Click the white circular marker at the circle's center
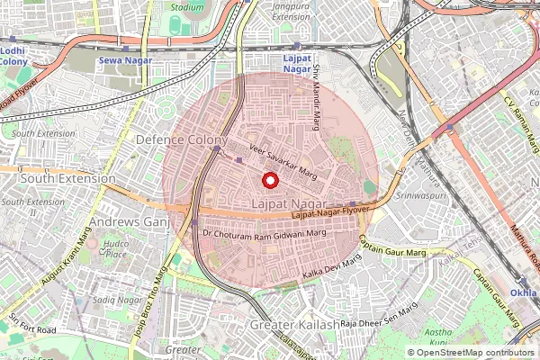click(269, 181)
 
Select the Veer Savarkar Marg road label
click(283, 159)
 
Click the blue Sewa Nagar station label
click(124, 61)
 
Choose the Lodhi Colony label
click(13, 57)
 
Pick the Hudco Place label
click(115, 248)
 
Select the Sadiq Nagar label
click(116, 299)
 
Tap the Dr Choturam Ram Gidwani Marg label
click(265, 233)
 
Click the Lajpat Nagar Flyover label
click(331, 212)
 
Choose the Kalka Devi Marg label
click(332, 265)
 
